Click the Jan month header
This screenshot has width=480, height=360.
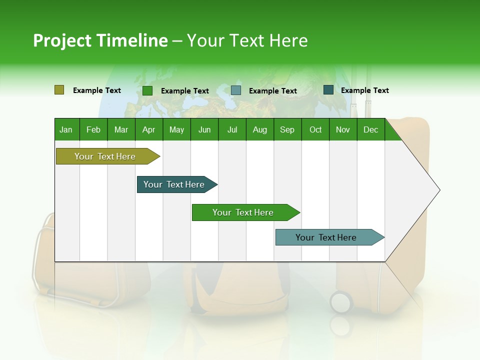(x=66, y=129)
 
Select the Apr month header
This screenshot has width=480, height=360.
(x=148, y=129)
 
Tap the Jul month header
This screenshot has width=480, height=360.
(x=232, y=129)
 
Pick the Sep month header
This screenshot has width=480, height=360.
(x=287, y=129)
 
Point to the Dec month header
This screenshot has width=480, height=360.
(x=370, y=129)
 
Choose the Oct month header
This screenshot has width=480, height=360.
(x=315, y=129)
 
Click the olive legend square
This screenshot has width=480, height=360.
(x=59, y=90)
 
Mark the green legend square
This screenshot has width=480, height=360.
(x=147, y=90)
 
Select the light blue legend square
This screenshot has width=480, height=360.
(x=236, y=90)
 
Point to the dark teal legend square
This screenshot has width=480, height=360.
(x=328, y=90)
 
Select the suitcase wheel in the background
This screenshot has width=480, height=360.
(x=340, y=302)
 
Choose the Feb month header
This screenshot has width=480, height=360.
(x=93, y=129)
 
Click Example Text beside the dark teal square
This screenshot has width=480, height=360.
(x=364, y=90)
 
